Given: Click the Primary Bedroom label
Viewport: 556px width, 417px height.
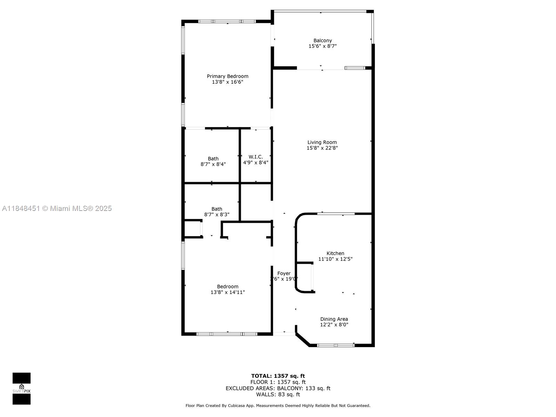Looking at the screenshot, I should (228, 76).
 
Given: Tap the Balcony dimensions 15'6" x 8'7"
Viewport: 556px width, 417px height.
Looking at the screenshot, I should (322, 46).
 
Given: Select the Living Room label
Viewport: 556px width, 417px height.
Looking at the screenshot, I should (322, 142).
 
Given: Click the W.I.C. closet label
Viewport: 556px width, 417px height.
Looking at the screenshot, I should (255, 157).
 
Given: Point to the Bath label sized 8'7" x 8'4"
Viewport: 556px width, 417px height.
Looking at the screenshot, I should (213, 159).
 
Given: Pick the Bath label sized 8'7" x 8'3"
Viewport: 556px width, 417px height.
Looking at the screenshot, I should (216, 209).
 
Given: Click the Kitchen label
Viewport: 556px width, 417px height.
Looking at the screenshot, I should (335, 253).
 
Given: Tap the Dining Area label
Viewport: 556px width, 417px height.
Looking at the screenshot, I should (334, 319).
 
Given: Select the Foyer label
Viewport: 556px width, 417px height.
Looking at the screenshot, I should (284, 273).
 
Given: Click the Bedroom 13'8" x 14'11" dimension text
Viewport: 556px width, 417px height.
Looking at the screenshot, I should (228, 292).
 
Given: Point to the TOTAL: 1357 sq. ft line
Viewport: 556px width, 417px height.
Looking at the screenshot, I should (278, 376).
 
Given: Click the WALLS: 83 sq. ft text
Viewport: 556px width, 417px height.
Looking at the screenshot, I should (278, 394).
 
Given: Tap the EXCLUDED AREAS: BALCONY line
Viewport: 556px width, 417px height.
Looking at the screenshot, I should (278, 389).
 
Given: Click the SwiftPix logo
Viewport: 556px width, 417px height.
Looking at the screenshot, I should (22, 389).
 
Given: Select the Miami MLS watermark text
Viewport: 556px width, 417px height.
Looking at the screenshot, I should (57, 208).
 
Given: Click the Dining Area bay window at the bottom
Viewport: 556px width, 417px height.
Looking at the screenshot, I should (336, 345).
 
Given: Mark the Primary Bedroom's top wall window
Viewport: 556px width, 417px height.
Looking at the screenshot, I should (227, 22).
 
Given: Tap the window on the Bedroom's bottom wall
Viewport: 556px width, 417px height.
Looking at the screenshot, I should (227, 334).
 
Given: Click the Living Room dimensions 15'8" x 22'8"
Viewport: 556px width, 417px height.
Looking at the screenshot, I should (322, 148).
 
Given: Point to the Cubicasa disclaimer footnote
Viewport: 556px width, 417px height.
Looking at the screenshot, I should (278, 406).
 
